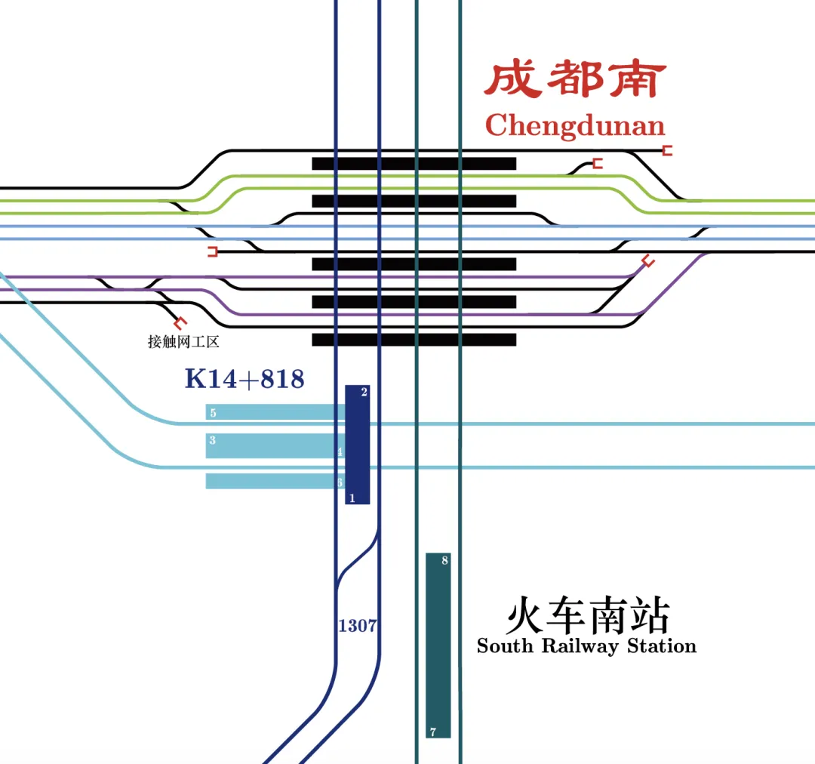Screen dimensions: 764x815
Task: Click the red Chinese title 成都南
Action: [575, 80]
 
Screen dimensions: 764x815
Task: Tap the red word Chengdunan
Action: [575, 126]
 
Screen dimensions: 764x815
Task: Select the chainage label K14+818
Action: [244, 379]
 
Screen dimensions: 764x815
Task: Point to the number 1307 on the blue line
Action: [358, 626]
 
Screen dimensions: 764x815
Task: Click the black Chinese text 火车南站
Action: [587, 616]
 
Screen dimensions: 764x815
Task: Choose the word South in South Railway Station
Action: [506, 646]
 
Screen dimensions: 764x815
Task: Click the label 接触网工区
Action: [183, 342]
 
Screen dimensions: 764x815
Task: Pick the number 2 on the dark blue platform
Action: [364, 392]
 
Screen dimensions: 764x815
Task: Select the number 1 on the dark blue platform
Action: [352, 498]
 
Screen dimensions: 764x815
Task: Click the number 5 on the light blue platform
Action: [214, 413]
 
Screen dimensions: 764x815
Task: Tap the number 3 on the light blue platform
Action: [213, 440]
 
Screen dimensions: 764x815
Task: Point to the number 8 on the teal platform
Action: [444, 561]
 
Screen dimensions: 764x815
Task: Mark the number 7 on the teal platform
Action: [432, 732]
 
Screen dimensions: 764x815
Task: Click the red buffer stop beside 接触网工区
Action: [179, 322]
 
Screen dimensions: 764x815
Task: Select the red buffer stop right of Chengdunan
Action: [667, 151]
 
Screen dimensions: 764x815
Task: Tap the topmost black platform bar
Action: [414, 163]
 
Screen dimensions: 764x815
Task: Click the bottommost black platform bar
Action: [414, 340]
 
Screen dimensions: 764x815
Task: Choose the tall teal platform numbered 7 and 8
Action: [438, 645]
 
